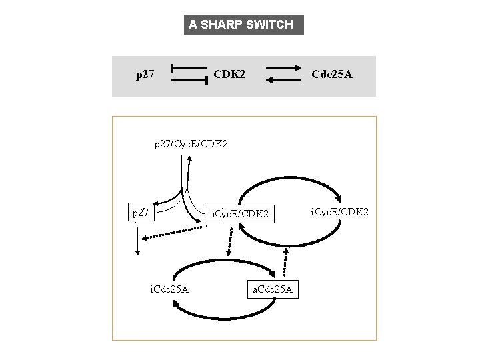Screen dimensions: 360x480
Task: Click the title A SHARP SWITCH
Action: pos(241,25)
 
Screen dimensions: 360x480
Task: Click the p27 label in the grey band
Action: pos(145,75)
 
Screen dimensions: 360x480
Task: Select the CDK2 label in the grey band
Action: pos(229,75)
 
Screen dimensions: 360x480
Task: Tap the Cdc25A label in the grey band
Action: pos(332,75)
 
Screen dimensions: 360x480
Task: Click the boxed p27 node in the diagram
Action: pos(141,213)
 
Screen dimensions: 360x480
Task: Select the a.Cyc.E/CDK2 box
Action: pos(239,214)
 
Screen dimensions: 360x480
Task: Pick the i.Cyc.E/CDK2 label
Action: pos(340,212)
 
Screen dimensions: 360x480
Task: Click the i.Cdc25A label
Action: pos(169,289)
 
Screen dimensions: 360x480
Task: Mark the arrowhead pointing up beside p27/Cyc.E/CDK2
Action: pos(190,160)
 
